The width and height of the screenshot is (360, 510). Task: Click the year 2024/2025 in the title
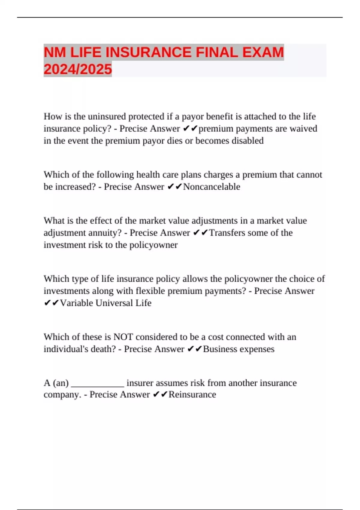[x=78, y=69]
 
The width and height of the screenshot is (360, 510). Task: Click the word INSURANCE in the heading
[x=148, y=52]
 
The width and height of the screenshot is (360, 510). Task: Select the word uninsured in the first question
[x=107, y=116]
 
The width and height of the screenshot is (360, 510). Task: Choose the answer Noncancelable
[x=211, y=187]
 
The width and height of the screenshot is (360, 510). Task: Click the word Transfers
[x=227, y=233]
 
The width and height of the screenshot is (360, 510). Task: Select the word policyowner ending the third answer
[x=153, y=245]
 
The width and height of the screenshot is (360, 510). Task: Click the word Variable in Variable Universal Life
[x=76, y=303]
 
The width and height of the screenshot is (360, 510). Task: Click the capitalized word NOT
[x=123, y=337]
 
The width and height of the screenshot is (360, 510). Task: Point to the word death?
[x=103, y=349]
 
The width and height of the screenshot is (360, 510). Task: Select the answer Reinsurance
[x=192, y=394]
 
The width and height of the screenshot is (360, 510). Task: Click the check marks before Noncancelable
[x=175, y=187]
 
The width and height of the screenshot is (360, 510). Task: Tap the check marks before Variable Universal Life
[x=51, y=303]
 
